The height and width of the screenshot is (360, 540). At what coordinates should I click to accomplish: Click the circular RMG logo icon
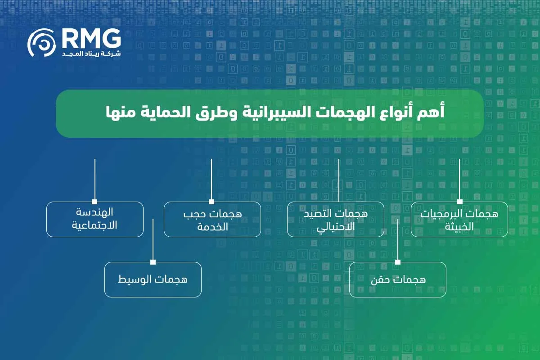pos(41,43)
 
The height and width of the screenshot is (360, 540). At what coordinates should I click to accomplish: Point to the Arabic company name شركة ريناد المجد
pos(90,54)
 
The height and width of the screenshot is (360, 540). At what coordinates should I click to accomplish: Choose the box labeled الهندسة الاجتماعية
pos(94,219)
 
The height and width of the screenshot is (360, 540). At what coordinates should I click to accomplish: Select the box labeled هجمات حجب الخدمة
pos(212,219)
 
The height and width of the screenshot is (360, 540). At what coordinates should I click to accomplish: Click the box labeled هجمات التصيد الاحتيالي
pos(336,219)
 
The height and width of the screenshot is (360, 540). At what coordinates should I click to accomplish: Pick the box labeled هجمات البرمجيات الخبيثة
pos(459,219)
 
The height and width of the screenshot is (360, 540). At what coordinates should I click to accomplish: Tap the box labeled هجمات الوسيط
pos(153,279)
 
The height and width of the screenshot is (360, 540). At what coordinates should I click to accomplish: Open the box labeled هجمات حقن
pos(398,279)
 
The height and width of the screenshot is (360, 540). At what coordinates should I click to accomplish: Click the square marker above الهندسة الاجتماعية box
pos(94,202)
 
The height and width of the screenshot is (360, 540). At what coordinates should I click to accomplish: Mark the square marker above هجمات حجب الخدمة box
pos(211,202)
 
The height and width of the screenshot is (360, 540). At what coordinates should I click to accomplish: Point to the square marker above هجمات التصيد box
pos(338,202)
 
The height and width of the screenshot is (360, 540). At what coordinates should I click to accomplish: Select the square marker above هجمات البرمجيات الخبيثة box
pos(459,202)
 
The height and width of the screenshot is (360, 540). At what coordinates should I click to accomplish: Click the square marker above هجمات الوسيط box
pos(153,262)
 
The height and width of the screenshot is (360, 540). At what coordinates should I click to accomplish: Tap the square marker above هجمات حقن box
pos(398,262)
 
